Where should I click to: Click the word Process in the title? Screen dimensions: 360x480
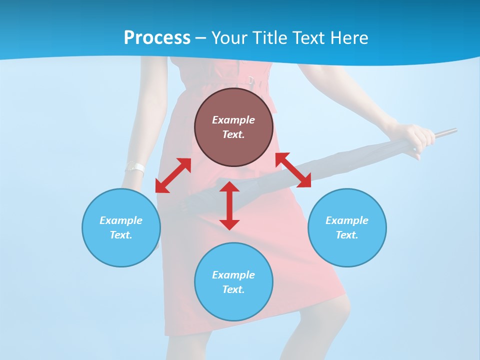157,38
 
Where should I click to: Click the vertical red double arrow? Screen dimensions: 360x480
229,205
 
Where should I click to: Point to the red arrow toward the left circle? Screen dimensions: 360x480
173,175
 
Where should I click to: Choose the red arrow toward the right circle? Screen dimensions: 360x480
293,170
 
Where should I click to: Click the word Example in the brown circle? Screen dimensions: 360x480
233,120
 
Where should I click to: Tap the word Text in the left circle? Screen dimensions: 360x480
120,235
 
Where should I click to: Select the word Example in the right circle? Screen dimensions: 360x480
347,220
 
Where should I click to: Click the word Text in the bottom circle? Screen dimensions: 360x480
233,289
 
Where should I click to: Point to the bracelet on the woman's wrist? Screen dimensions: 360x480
135,168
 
